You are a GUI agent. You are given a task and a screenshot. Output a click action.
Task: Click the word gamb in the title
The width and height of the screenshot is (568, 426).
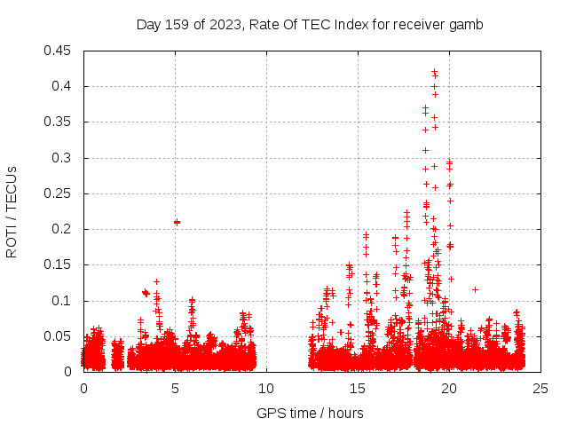(x=468, y=25)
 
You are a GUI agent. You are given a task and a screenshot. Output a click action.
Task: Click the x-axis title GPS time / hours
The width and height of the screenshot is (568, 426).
(x=310, y=413)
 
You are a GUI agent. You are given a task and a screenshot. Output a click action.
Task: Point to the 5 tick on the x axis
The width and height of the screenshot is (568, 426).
(x=175, y=388)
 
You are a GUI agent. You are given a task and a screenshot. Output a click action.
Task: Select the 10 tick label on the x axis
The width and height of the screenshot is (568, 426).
(x=266, y=388)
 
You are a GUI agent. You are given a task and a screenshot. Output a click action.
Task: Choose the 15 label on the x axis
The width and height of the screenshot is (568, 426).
(x=358, y=388)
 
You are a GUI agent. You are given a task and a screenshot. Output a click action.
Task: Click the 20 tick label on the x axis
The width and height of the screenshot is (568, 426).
(x=449, y=388)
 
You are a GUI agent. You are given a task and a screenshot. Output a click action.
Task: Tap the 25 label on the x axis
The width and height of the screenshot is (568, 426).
(x=540, y=388)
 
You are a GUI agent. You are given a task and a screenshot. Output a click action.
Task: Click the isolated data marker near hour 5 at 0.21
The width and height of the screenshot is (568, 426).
(x=177, y=222)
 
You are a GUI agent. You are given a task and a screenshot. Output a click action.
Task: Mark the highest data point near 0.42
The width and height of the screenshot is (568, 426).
(x=434, y=72)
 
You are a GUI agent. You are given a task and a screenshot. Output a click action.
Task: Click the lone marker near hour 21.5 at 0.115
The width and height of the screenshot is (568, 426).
(x=476, y=289)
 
